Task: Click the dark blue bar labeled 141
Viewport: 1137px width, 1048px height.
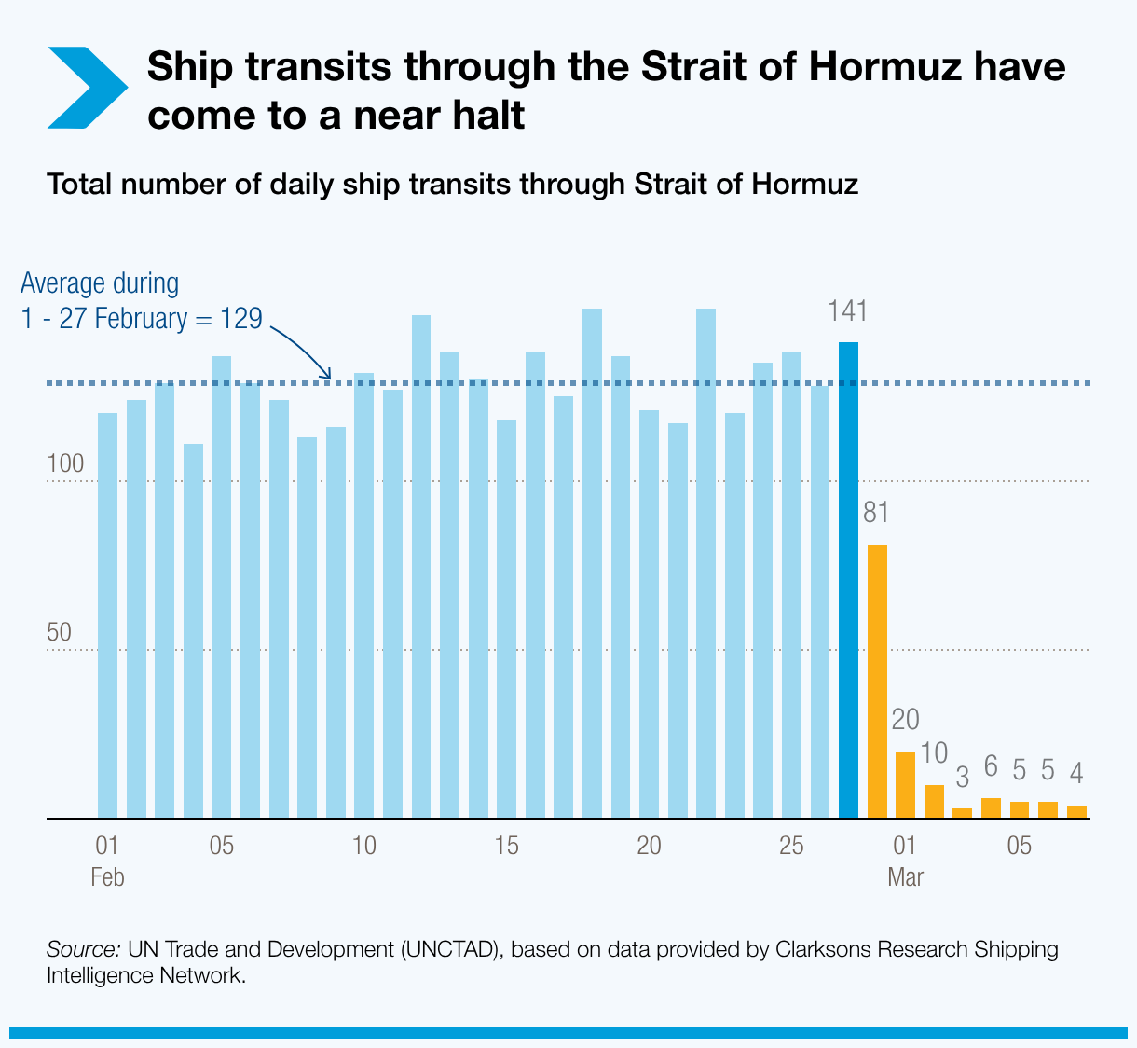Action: [848, 578]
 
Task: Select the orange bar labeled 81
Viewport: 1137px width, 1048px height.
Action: [877, 681]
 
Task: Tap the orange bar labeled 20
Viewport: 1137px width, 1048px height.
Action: [905, 784]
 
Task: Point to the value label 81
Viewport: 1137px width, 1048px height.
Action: [876, 513]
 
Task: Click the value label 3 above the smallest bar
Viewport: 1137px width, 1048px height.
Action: [962, 776]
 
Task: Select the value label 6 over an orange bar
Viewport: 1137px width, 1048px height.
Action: [991, 767]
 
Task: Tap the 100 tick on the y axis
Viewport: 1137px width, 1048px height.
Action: [65, 463]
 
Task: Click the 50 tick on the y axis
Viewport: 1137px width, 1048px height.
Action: [59, 631]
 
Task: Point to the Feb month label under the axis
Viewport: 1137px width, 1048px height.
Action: [107, 877]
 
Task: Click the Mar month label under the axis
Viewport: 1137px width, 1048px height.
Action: [905, 877]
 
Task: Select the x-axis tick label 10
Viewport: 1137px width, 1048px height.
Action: [364, 847]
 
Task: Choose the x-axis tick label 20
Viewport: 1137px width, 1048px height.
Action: [649, 847]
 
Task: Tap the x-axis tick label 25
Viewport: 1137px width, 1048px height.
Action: [790, 847]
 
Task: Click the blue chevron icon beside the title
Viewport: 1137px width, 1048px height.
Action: [85, 87]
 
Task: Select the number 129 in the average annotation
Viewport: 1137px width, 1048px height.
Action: [240, 318]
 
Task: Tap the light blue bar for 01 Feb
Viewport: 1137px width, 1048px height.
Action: [107, 615]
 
